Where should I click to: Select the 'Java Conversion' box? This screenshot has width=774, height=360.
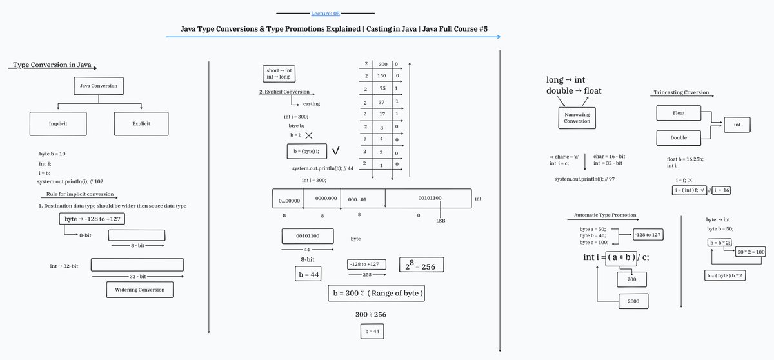click(x=98, y=86)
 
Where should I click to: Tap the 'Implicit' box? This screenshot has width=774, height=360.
click(x=58, y=123)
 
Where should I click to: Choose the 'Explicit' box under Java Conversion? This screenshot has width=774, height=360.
click(x=141, y=123)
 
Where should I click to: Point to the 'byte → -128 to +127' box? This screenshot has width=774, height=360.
click(x=93, y=219)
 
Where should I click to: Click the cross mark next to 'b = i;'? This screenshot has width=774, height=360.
click(x=309, y=135)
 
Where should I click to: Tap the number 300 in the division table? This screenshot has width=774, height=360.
click(x=382, y=65)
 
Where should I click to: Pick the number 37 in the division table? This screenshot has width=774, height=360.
click(x=382, y=101)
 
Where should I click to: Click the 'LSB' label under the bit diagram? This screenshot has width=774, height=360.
click(x=441, y=221)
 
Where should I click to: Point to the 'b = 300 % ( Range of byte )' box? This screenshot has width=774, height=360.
click(x=377, y=293)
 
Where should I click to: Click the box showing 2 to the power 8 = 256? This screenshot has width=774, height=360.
click(x=421, y=265)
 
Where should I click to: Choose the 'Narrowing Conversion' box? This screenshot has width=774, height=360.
click(x=577, y=118)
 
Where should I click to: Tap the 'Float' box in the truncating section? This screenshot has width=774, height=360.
click(x=678, y=114)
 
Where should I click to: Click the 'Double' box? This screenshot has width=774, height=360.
click(x=678, y=137)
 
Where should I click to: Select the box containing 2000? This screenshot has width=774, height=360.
click(x=633, y=301)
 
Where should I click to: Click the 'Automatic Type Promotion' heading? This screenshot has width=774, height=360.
click(x=605, y=215)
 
